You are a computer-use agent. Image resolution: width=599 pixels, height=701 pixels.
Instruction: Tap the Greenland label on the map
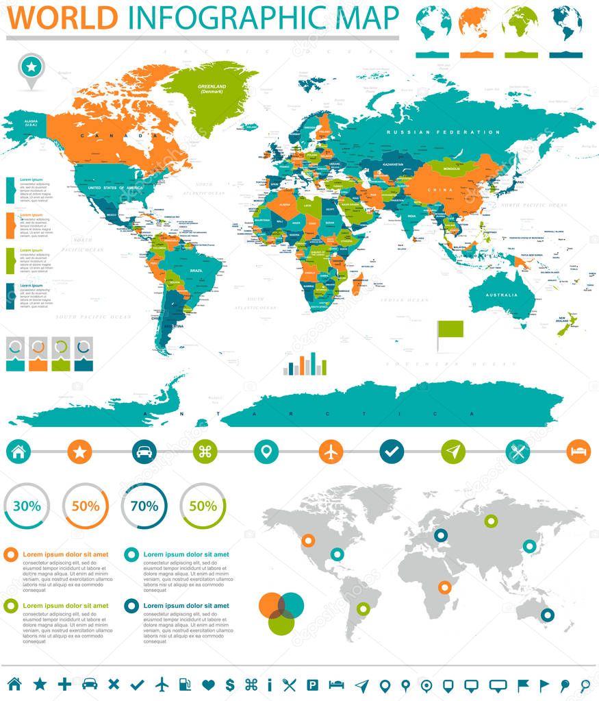click(x=212, y=88)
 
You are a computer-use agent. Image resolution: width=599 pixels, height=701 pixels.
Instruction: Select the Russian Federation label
click(x=442, y=132)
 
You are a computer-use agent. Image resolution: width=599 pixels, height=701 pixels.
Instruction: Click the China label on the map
click(x=438, y=190)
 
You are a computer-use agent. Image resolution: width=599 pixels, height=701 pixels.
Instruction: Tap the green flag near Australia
click(x=451, y=330)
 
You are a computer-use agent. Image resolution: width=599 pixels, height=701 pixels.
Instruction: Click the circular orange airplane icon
click(x=331, y=452)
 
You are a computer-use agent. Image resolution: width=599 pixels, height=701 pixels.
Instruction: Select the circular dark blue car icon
click(x=144, y=452)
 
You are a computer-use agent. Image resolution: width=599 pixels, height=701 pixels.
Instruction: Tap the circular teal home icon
click(x=18, y=452)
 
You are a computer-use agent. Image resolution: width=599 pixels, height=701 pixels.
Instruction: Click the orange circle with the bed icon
click(x=578, y=452)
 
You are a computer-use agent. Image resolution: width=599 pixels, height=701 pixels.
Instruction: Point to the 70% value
click(x=144, y=506)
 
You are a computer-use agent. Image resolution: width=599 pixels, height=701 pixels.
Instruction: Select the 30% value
click(x=26, y=506)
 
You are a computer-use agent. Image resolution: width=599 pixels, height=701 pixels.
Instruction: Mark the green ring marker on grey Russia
click(x=490, y=521)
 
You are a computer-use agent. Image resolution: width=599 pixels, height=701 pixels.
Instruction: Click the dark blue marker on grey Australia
click(x=547, y=615)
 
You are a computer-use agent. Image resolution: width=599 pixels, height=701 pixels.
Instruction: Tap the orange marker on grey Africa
click(x=445, y=587)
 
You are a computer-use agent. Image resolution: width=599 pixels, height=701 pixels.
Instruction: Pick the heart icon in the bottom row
click(x=209, y=684)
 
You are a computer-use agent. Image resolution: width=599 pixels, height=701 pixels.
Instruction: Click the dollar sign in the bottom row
click(x=230, y=684)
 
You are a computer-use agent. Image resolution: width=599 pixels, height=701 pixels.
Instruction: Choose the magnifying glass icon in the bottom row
click(x=585, y=684)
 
